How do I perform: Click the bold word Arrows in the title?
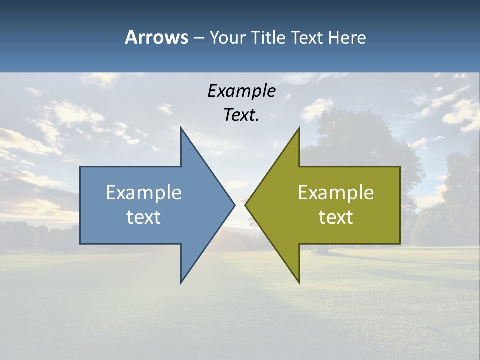click(156, 37)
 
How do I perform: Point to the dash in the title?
click(198, 38)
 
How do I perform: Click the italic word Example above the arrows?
click(241, 91)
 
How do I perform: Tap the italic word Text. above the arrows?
click(241, 115)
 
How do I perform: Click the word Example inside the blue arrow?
click(144, 193)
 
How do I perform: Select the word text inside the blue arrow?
click(144, 217)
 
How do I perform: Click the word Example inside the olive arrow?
click(336, 193)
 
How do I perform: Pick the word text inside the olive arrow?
click(336, 217)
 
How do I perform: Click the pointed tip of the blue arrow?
click(234, 205)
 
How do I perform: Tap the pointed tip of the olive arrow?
click(245, 205)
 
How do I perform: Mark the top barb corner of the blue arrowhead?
click(181, 128)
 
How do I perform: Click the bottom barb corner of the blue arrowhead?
click(181, 282)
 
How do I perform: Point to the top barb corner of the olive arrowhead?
click(299, 128)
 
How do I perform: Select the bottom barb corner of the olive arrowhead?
click(299, 282)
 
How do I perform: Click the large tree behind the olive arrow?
click(360, 140)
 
